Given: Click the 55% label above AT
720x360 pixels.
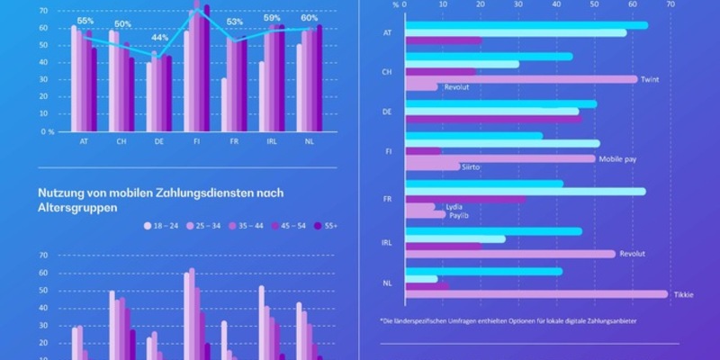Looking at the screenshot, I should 85,21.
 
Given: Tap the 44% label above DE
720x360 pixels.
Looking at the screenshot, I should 159,38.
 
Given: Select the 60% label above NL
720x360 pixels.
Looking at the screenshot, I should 309,16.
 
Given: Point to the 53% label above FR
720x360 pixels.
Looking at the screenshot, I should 234,22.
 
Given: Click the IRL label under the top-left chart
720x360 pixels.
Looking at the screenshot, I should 271,141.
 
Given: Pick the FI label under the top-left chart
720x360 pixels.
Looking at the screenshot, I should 197,141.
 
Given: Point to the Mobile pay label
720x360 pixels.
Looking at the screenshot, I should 616,158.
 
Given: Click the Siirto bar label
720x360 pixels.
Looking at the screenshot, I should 472,167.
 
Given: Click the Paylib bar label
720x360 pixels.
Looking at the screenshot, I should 459,216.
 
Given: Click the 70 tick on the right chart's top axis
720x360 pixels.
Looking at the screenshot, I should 670,4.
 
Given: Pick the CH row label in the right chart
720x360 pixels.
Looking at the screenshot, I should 387,72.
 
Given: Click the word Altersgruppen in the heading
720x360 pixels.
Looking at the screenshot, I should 79,205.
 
